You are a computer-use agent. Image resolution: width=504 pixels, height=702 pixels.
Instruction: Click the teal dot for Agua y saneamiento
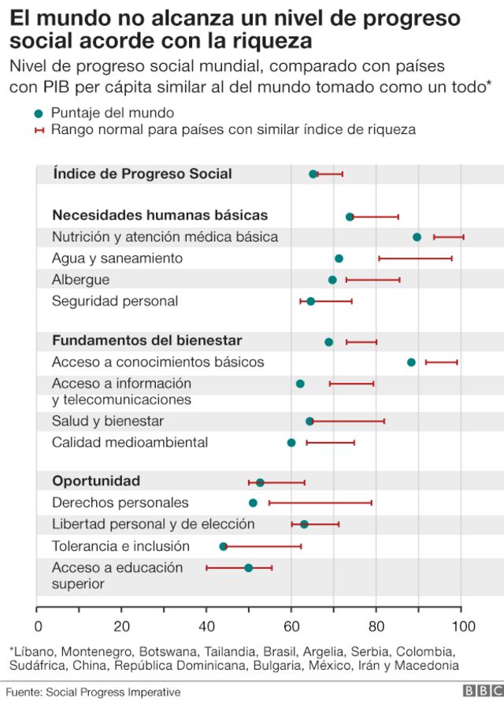click(x=339, y=258)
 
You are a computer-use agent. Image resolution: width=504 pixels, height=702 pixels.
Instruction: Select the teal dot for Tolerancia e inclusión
click(x=223, y=546)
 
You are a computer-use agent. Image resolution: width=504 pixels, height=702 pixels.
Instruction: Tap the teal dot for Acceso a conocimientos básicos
click(x=411, y=362)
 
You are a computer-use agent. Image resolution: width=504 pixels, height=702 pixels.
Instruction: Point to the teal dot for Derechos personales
click(x=253, y=503)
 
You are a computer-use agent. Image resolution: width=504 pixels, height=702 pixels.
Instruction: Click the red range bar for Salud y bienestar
click(x=347, y=422)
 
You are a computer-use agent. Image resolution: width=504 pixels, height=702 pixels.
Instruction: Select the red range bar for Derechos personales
click(x=320, y=503)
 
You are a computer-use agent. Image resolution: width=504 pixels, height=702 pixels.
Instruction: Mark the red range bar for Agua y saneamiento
click(x=415, y=258)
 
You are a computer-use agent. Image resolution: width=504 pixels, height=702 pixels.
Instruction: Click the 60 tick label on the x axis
click(x=291, y=626)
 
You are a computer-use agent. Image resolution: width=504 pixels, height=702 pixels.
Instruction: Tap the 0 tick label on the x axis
click(x=38, y=626)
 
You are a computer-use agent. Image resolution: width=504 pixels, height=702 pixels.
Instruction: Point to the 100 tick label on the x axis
click(x=462, y=626)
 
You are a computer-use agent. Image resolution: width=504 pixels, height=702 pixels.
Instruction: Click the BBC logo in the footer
click(x=479, y=691)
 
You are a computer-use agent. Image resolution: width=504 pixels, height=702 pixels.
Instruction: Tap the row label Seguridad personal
click(x=115, y=301)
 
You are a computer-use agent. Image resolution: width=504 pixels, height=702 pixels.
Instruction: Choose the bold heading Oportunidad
click(x=96, y=481)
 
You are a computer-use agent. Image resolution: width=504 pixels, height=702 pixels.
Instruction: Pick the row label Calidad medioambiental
click(x=130, y=443)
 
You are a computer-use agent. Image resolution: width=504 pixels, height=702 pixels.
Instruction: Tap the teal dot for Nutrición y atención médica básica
click(x=417, y=237)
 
